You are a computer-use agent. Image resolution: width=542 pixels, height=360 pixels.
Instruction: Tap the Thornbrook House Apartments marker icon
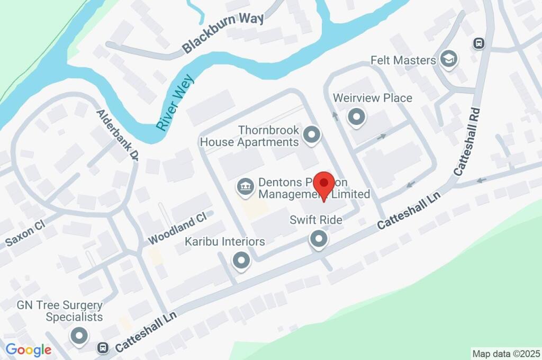click(312, 136)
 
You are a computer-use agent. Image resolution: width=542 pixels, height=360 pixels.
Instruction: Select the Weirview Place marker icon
click(357, 116)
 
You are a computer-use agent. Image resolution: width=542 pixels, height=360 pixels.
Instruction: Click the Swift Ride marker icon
click(319, 239)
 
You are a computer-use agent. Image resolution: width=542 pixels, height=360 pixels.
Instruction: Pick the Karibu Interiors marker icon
click(241, 260)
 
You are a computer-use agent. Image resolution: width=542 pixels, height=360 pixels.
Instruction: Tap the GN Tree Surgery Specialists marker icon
click(79, 336)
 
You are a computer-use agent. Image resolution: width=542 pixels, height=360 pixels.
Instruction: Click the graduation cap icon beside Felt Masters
click(449, 60)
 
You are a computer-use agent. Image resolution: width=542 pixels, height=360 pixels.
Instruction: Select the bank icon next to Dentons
click(245, 186)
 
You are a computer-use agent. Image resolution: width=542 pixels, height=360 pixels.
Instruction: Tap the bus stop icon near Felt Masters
click(478, 43)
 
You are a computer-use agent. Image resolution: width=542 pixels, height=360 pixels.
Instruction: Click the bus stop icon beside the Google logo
click(103, 348)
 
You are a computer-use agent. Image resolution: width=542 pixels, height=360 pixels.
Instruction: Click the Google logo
click(28, 349)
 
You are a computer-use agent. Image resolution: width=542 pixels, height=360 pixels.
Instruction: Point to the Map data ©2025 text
click(506, 353)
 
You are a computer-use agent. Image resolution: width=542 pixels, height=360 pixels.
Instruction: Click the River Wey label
click(176, 103)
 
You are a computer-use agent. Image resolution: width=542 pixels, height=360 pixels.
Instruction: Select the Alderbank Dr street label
click(118, 136)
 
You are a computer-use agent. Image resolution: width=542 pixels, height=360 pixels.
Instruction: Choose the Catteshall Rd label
click(467, 141)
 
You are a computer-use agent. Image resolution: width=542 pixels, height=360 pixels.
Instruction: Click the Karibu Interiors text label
click(225, 242)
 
